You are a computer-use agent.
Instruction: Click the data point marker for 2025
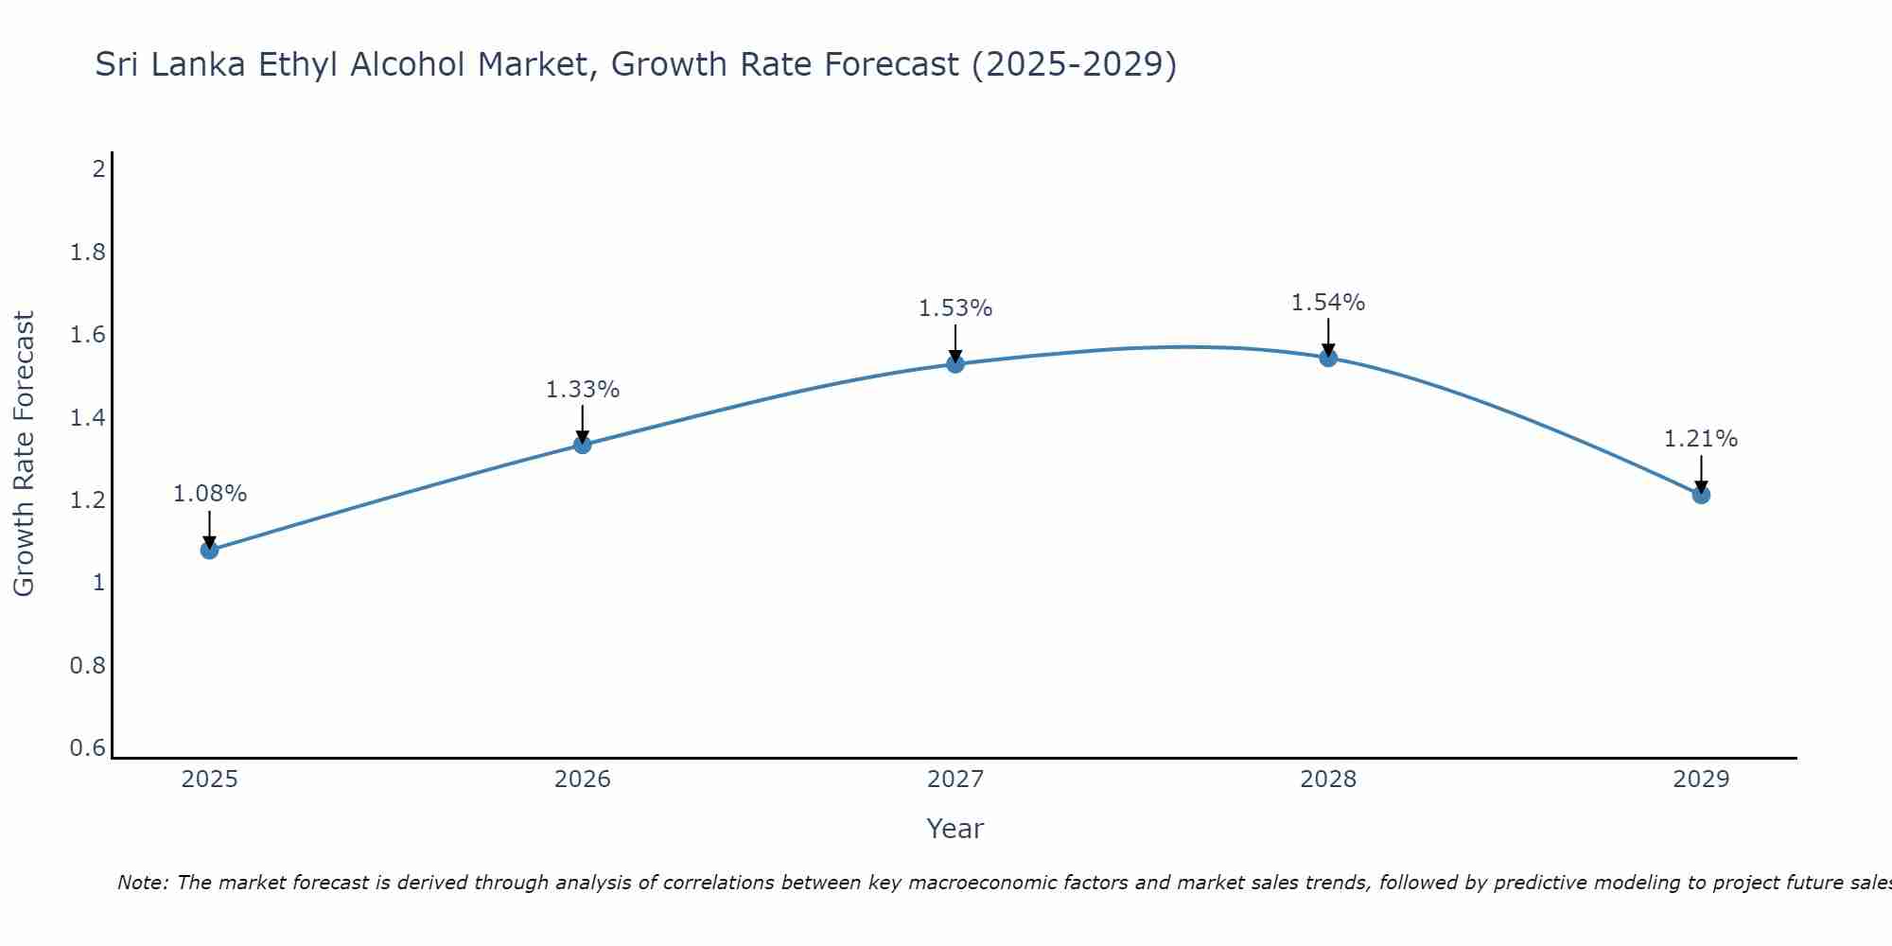click(x=209, y=550)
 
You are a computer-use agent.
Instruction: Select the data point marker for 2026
click(x=583, y=445)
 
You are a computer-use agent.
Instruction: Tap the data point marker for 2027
click(x=955, y=363)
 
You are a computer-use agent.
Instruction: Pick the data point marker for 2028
click(x=1328, y=358)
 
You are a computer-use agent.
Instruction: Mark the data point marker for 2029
click(x=1701, y=495)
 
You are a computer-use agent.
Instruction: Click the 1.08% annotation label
click(x=209, y=494)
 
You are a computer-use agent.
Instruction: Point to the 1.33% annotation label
click(x=583, y=390)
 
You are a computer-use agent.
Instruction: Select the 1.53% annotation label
click(x=955, y=308)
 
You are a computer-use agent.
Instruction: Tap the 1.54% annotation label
click(x=1328, y=303)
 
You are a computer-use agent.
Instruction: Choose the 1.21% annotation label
click(x=1701, y=439)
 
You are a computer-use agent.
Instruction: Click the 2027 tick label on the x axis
click(x=955, y=780)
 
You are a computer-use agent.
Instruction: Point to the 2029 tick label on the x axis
click(x=1701, y=780)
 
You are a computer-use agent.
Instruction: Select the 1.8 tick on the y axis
click(x=88, y=253)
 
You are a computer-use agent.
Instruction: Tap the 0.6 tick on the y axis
click(x=88, y=748)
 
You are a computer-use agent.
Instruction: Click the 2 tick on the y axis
click(x=98, y=169)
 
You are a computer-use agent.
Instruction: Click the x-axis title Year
click(x=955, y=829)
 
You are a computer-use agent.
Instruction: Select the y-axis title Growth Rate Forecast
click(x=24, y=454)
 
